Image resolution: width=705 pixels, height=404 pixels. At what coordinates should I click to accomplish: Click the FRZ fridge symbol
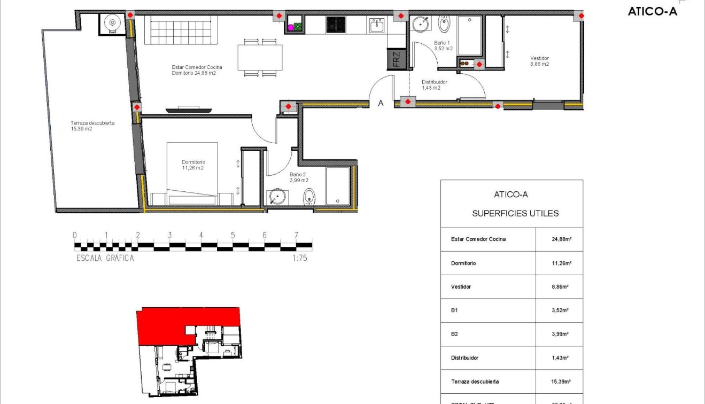click(x=396, y=59)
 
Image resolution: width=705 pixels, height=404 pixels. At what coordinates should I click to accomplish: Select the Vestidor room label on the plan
click(x=539, y=61)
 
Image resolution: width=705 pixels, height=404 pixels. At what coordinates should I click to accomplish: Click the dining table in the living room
click(x=260, y=57)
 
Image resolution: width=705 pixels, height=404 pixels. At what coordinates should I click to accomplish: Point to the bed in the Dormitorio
click(x=192, y=174)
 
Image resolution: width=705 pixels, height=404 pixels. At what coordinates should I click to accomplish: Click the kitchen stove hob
click(x=336, y=25)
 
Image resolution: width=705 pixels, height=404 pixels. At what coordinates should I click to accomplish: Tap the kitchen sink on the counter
click(x=376, y=25)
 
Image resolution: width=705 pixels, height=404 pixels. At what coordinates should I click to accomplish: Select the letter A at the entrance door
click(x=381, y=104)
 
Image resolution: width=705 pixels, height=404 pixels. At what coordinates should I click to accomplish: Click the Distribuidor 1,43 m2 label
click(x=434, y=85)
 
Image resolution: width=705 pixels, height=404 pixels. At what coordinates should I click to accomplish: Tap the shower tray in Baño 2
click(x=337, y=186)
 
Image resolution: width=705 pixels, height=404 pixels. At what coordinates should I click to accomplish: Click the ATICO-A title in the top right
click(x=652, y=11)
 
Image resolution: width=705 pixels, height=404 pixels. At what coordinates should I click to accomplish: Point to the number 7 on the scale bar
click(x=296, y=235)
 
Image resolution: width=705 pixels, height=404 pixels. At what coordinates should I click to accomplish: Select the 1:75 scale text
click(x=300, y=258)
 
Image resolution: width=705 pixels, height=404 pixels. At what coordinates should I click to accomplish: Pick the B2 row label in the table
click(x=454, y=334)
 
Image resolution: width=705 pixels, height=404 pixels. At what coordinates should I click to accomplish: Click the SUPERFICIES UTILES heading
click(x=515, y=213)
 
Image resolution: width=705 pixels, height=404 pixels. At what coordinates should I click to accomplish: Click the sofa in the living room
click(x=184, y=30)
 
